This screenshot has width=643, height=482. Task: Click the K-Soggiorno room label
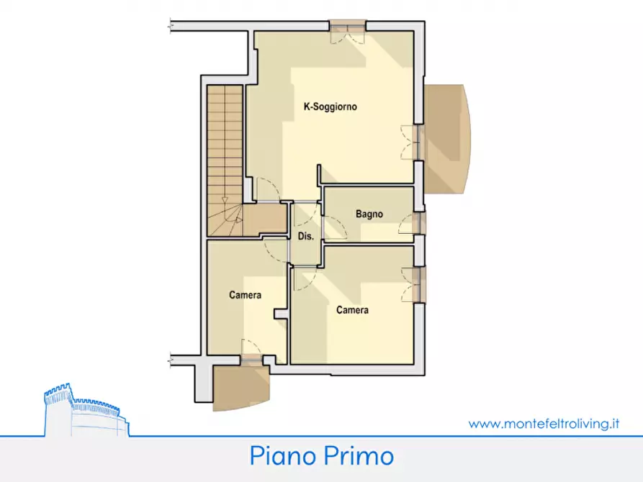tap(331, 107)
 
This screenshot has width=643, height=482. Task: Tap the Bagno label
tap(369, 214)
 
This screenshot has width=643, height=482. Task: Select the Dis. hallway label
tap(305, 236)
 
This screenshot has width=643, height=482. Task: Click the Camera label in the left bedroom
tap(245, 295)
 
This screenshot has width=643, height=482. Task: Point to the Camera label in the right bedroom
tap(352, 310)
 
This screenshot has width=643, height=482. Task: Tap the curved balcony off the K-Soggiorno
tap(446, 138)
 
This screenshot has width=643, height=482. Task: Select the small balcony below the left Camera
tap(240, 386)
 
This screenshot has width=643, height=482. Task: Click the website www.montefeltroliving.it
tap(544, 424)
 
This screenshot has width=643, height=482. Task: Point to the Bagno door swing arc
tap(337, 229)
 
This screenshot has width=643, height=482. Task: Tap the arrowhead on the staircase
tap(225, 201)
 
